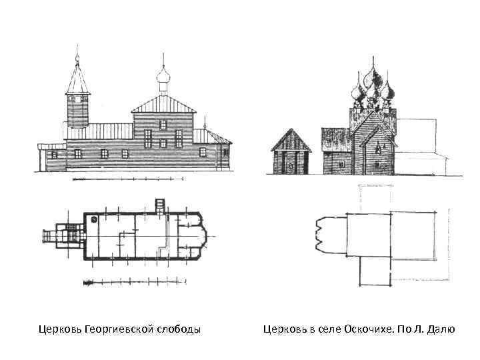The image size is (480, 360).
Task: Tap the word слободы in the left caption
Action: [x=179, y=329]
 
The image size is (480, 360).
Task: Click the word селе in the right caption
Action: [x=317, y=329]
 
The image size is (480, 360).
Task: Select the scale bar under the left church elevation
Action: [x=127, y=179]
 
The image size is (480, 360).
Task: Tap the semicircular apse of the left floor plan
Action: [x=200, y=235]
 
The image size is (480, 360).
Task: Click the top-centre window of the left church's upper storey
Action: [x=163, y=124]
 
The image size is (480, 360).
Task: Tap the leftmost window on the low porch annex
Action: [x=55, y=155]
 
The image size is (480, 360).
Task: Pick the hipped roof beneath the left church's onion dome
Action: [x=163, y=104]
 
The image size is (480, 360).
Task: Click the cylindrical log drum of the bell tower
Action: [x=77, y=109]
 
